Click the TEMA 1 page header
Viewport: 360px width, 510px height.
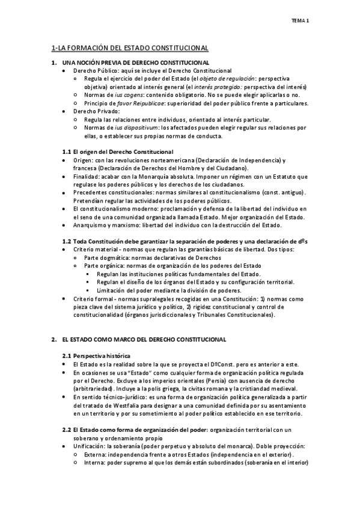coord(300,21)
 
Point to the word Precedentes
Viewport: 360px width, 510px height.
coord(90,192)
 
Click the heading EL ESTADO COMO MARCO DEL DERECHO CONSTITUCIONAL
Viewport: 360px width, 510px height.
coord(144,339)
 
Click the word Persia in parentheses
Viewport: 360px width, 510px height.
coord(224,380)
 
